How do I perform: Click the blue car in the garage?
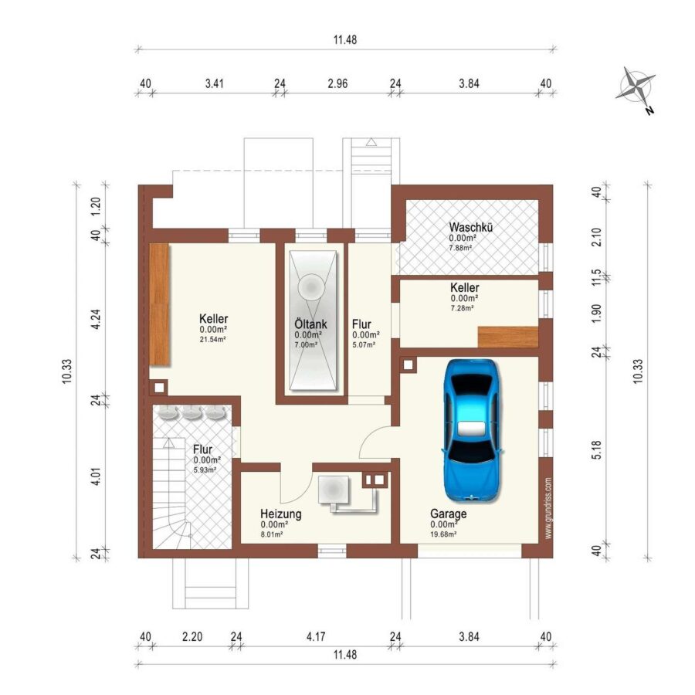click(473, 431)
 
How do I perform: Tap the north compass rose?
click(636, 89)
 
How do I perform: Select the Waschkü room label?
click(471, 227)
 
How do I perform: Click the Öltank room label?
click(310, 324)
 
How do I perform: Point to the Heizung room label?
click(281, 514)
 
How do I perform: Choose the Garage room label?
click(449, 514)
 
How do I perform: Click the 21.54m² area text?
click(213, 340)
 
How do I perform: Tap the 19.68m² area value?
click(444, 534)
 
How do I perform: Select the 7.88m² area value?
click(460, 248)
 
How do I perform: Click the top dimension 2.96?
click(337, 83)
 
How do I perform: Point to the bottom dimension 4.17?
click(316, 637)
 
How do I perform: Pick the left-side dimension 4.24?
click(96, 319)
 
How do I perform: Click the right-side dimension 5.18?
click(597, 450)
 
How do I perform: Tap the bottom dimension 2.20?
click(192, 637)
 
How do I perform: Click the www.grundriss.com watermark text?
click(549, 508)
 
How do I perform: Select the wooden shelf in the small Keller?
click(508, 337)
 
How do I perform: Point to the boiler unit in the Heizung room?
click(334, 490)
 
